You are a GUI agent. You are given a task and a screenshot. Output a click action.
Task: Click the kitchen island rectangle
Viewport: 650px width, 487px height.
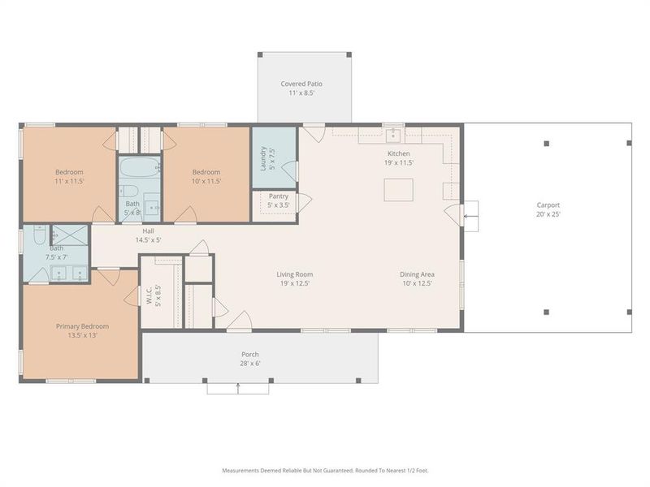399,189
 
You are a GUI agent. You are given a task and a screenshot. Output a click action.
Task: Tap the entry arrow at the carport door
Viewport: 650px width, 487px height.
469,215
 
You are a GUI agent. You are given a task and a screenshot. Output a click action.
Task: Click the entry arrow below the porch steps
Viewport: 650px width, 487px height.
237,389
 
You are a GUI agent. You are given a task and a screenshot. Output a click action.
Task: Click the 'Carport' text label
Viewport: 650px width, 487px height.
548,205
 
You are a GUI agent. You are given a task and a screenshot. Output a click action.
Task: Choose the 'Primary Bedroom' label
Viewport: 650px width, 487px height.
82,326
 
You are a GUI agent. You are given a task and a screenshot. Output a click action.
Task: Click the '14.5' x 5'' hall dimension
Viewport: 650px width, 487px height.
148,240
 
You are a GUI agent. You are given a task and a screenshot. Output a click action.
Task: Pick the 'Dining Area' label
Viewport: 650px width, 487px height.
416,274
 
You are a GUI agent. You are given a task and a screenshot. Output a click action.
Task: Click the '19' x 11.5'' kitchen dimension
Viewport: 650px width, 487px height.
398,162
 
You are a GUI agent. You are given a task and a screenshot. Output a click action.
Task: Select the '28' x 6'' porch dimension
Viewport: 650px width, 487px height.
249,363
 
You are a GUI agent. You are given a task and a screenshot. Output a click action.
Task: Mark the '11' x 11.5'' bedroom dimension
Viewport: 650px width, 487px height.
69,181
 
